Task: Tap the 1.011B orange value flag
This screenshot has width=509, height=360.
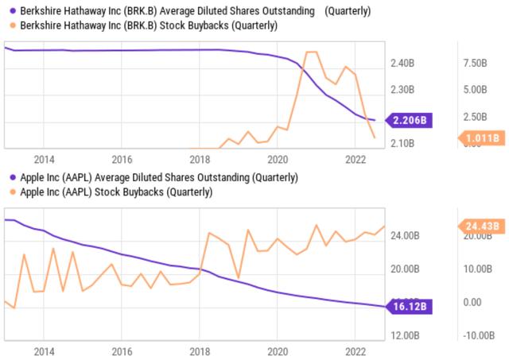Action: point(483,138)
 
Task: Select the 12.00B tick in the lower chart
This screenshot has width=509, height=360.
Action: point(406,335)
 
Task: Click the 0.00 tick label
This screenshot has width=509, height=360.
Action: point(472,302)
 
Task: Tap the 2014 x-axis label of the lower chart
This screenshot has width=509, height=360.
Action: point(44,350)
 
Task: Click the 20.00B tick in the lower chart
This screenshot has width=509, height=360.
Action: point(406,269)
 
